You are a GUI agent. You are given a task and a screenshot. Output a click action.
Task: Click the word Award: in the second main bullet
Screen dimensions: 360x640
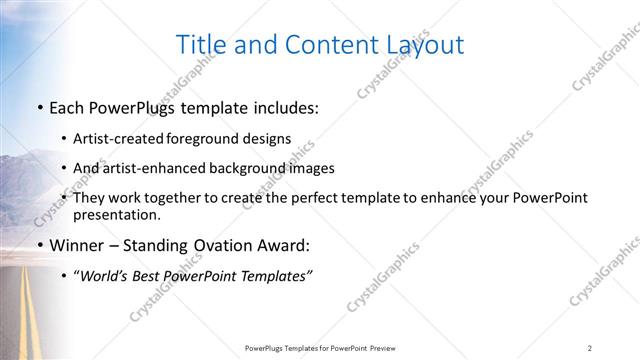(283, 245)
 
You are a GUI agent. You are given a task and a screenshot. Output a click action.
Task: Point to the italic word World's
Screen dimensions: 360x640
(106, 275)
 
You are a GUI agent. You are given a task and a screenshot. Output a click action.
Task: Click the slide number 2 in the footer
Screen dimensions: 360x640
(590, 347)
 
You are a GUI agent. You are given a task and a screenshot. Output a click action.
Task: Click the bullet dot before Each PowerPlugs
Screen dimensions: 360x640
(39, 108)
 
